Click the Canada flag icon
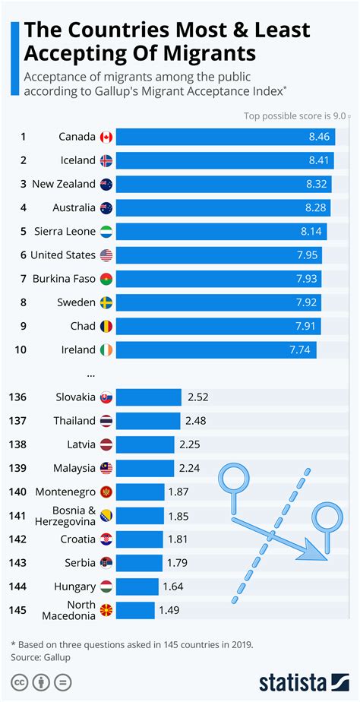[106, 137]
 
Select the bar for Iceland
[226, 160]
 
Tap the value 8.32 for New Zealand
[319, 184]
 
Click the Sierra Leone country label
[65, 231]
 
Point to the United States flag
[106, 255]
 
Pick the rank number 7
[24, 279]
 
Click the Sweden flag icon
[106, 302]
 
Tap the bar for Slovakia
[149, 397]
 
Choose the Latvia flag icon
[106, 444]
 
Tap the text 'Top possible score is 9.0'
[295, 116]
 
